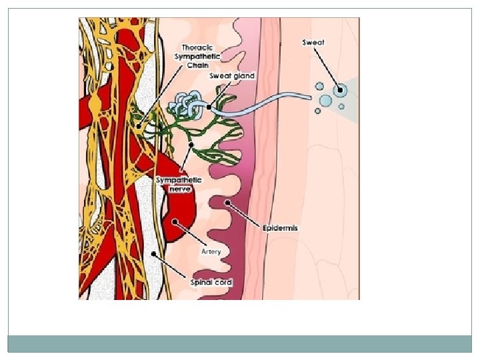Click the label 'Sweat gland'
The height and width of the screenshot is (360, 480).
pos(232,76)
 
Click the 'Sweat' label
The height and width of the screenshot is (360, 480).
pos(313,43)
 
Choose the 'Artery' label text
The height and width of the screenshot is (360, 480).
pos(211,252)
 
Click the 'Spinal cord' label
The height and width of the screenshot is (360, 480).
pos(212,282)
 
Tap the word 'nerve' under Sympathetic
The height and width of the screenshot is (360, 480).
pos(181,189)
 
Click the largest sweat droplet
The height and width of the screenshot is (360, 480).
pos(341,90)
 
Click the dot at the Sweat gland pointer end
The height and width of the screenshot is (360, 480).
pos(209,107)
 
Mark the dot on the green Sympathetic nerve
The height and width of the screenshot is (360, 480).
pos(193,144)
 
